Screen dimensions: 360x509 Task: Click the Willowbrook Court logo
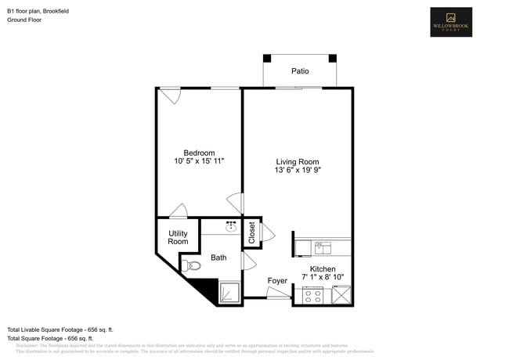coord(451,22)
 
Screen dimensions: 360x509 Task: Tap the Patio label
coord(300,71)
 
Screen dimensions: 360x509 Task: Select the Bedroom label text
coord(199,153)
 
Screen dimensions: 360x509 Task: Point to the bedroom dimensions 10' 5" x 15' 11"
coord(199,161)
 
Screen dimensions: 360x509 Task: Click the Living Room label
coord(297,162)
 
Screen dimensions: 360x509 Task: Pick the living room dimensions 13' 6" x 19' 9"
coord(297,171)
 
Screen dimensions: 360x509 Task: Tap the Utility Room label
coord(178,237)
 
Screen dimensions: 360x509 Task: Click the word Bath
coord(218,257)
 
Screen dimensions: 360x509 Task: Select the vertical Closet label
coord(252,232)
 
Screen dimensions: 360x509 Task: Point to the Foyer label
coord(277,280)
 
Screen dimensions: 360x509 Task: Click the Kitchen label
coord(322,268)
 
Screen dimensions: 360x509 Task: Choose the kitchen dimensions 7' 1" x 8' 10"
coord(322,277)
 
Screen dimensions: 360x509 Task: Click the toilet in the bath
coord(192,266)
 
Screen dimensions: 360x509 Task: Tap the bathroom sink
coord(231,227)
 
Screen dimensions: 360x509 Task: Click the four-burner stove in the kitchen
coord(313,295)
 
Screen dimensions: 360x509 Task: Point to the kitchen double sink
coord(323,247)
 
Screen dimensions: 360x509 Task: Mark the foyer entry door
coord(278,293)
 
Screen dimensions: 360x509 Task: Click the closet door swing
coord(269,232)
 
